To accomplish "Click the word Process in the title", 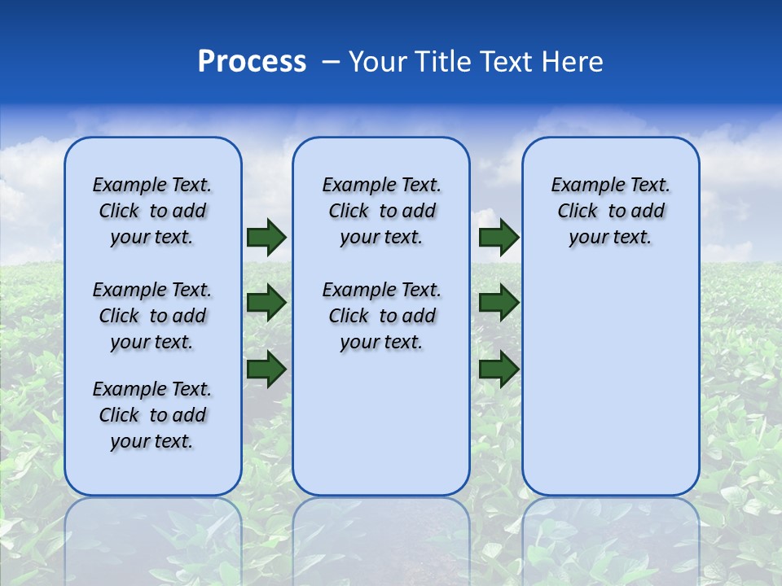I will click(x=252, y=61).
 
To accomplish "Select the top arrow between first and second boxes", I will click(x=266, y=237).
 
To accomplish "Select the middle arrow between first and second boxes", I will click(x=266, y=303).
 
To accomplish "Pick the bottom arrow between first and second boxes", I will click(x=266, y=369).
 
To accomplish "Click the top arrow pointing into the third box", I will click(x=499, y=237).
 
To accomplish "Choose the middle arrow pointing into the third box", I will click(x=499, y=303).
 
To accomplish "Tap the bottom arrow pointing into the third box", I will click(x=499, y=369).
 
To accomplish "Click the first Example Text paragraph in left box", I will click(x=152, y=211).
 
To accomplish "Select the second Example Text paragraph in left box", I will click(x=152, y=316).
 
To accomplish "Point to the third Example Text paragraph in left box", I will click(x=152, y=415).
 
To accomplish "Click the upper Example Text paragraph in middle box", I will click(x=381, y=211).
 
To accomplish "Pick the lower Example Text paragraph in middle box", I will click(x=381, y=316).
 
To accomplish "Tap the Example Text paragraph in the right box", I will click(x=610, y=211).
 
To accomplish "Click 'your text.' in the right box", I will click(x=610, y=238).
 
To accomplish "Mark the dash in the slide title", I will click(x=331, y=62).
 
